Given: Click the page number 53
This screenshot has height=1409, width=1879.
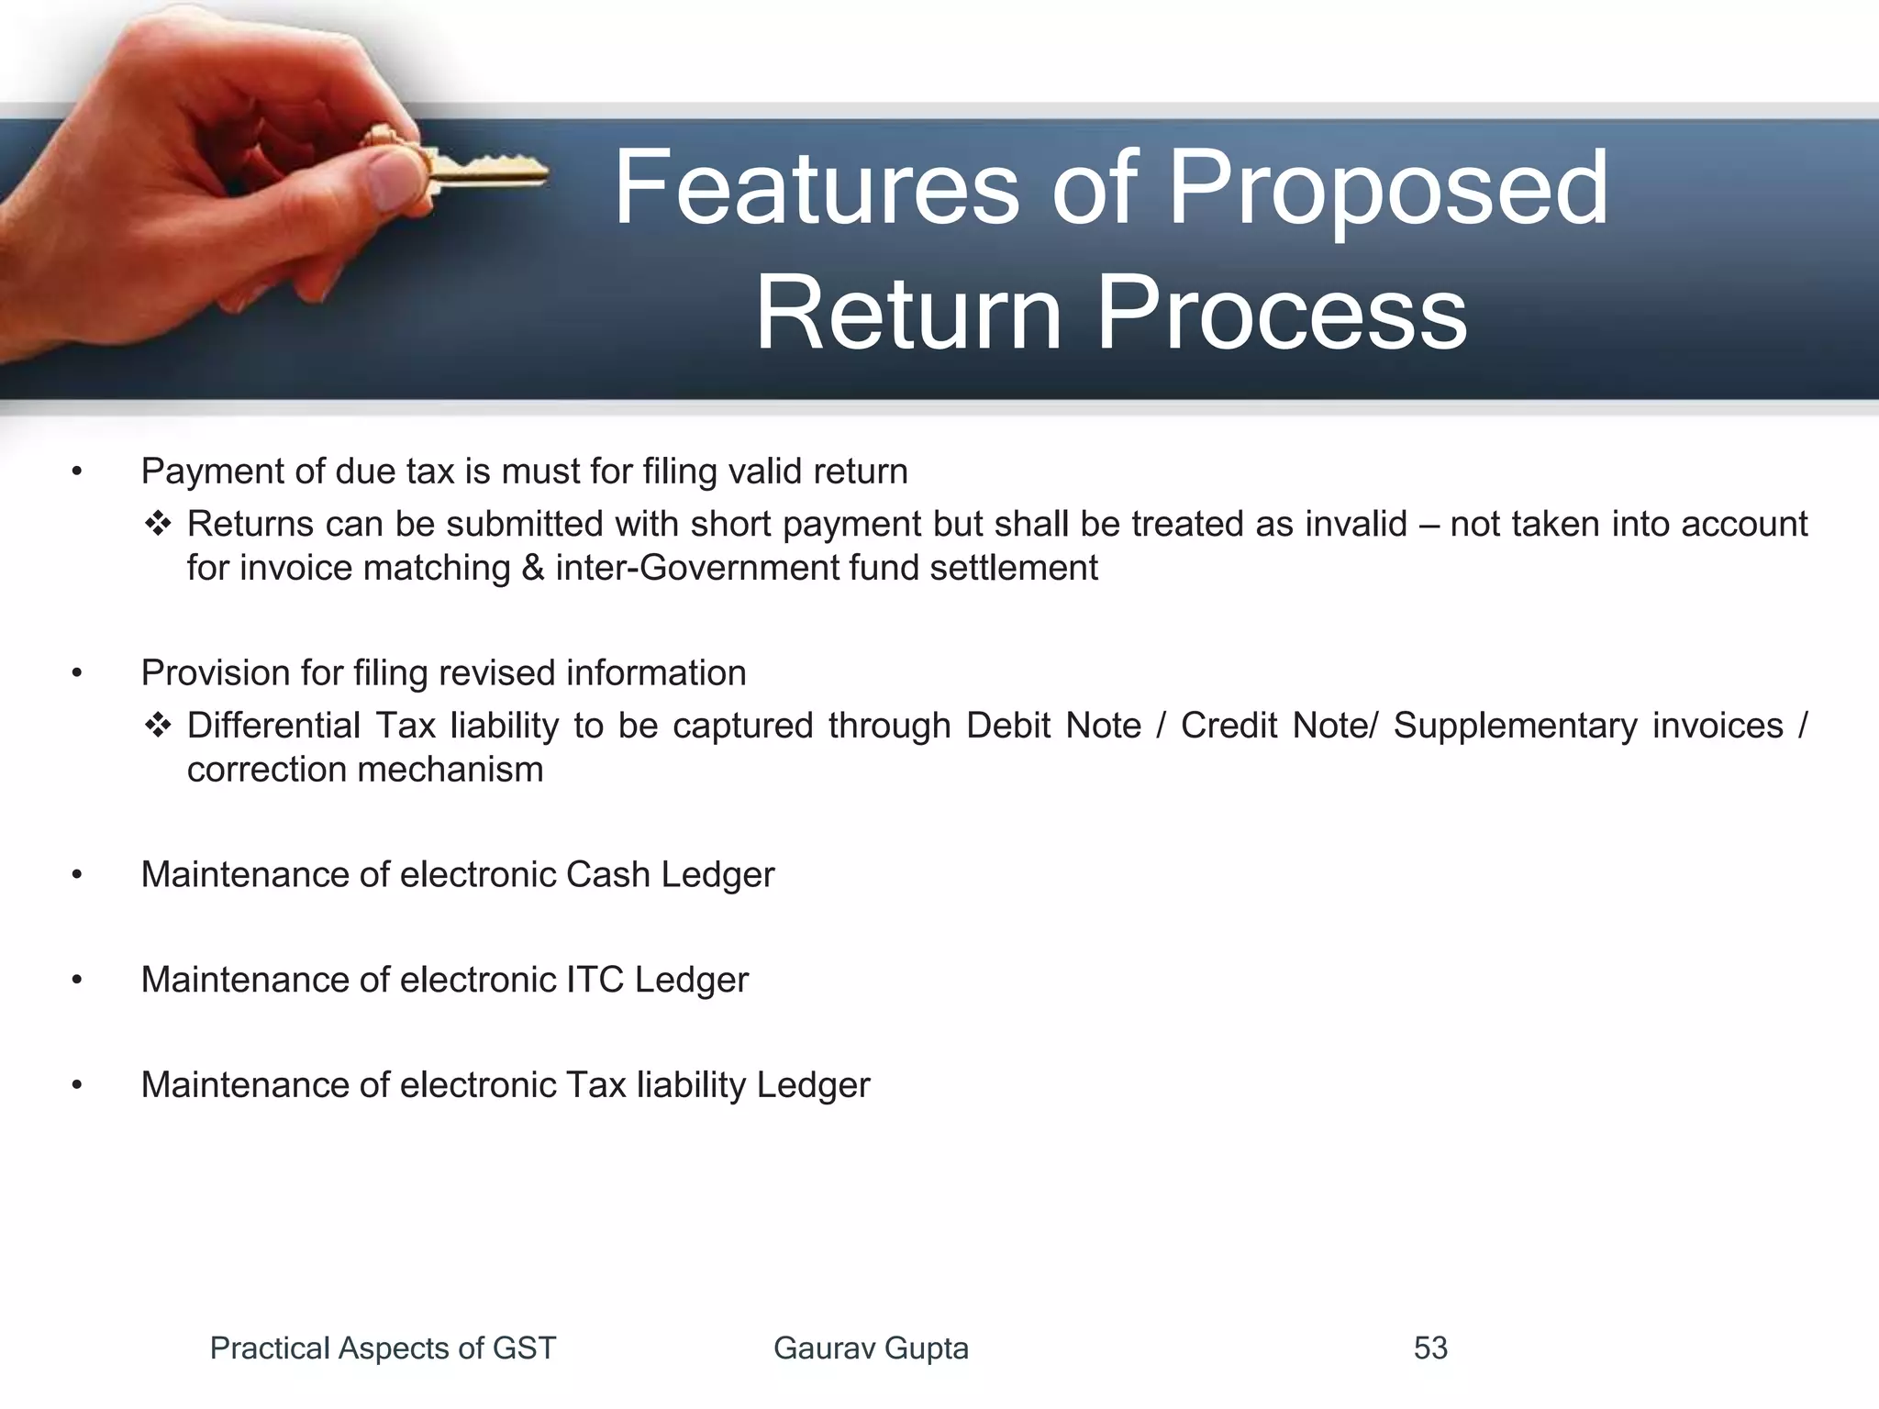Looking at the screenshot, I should [1430, 1348].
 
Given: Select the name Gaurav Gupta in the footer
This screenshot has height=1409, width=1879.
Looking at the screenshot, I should [871, 1348].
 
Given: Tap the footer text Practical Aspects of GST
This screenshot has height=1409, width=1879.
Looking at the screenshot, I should [383, 1348].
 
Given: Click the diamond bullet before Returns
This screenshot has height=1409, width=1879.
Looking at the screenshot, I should [158, 524].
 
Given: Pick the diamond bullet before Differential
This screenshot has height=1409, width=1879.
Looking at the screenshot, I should [158, 726].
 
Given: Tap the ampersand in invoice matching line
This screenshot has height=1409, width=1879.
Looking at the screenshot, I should [533, 568].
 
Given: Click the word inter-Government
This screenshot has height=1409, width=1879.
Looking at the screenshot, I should [698, 568].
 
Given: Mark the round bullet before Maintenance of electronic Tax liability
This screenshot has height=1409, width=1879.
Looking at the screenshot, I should [77, 1085].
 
